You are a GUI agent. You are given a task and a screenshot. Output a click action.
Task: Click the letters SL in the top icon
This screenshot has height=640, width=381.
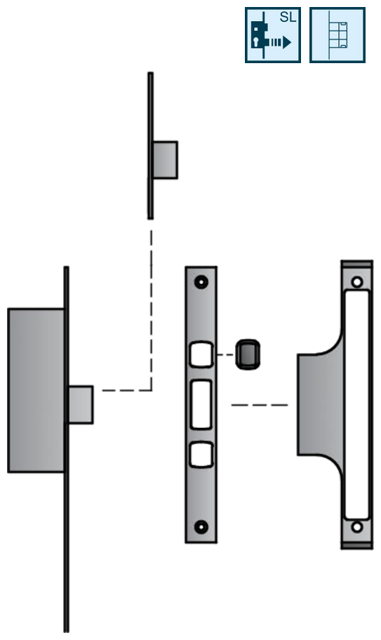click(288, 17)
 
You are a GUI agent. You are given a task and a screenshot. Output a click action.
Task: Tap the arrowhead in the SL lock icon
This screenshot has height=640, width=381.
click(287, 42)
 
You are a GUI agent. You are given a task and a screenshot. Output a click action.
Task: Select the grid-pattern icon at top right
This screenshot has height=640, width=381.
click(337, 35)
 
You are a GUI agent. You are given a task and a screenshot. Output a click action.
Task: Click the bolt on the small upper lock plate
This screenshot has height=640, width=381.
click(165, 160)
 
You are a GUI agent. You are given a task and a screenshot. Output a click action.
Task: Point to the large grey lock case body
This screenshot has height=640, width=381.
click(36, 391)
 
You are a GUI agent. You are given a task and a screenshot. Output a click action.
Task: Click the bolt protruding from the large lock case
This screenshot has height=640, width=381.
click(81, 404)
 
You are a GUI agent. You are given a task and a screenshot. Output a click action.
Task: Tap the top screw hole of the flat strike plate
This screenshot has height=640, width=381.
click(201, 282)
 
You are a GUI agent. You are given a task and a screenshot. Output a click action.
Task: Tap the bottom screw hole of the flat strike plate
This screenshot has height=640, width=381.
click(201, 527)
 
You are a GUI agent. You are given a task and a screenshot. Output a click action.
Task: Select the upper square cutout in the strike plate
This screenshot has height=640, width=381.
click(201, 354)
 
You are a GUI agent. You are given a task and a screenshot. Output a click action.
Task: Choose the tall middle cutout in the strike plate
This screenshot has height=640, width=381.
click(201, 404)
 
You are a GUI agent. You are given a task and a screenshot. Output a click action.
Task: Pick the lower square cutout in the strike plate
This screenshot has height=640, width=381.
click(201, 454)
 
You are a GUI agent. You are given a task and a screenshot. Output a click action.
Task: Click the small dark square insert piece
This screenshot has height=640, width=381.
click(248, 354)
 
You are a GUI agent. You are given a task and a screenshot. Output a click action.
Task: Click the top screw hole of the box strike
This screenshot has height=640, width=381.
click(357, 282)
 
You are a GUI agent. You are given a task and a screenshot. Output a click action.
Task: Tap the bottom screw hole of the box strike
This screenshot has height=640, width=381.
click(357, 527)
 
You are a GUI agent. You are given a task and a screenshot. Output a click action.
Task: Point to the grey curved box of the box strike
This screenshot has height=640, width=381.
click(320, 404)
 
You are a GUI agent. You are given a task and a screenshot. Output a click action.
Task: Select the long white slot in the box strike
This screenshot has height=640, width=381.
click(357, 404)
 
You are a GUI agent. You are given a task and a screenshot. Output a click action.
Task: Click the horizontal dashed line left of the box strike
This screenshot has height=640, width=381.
click(260, 405)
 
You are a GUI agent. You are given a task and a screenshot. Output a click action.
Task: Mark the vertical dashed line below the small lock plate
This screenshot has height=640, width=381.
click(152, 310)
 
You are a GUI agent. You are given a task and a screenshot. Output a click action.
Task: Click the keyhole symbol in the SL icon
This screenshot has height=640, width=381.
click(256, 42)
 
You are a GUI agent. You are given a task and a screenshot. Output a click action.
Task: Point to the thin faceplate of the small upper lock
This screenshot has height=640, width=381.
click(151, 146)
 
